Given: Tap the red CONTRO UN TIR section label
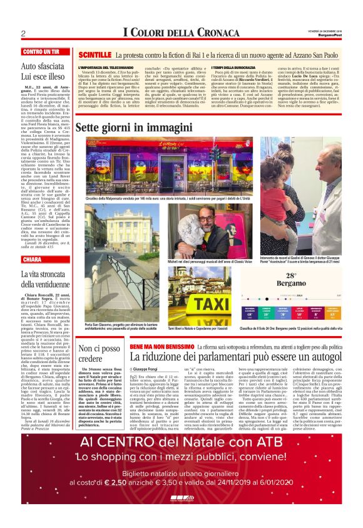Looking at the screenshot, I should tap(41, 51).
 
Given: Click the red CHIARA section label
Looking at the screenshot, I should tap(32, 259).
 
